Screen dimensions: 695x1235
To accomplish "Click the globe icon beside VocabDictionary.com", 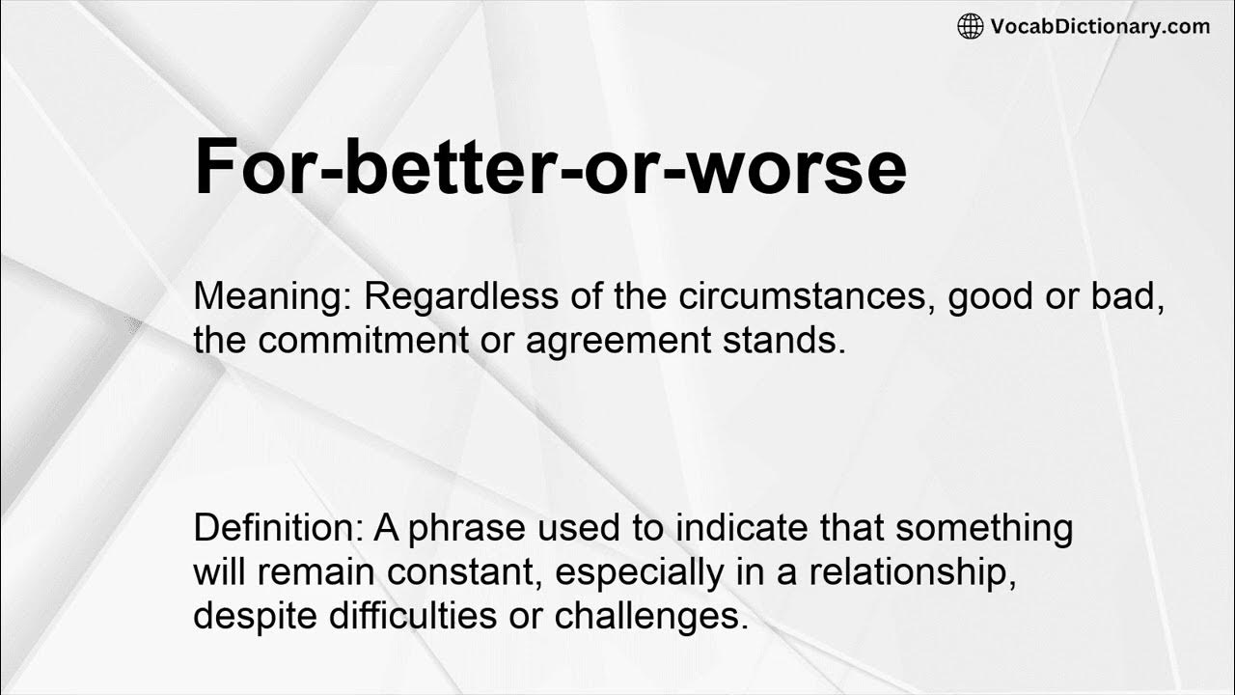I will [x=970, y=27].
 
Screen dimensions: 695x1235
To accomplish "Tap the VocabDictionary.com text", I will [x=1100, y=27].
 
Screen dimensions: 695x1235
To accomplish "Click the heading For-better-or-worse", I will [x=550, y=166].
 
